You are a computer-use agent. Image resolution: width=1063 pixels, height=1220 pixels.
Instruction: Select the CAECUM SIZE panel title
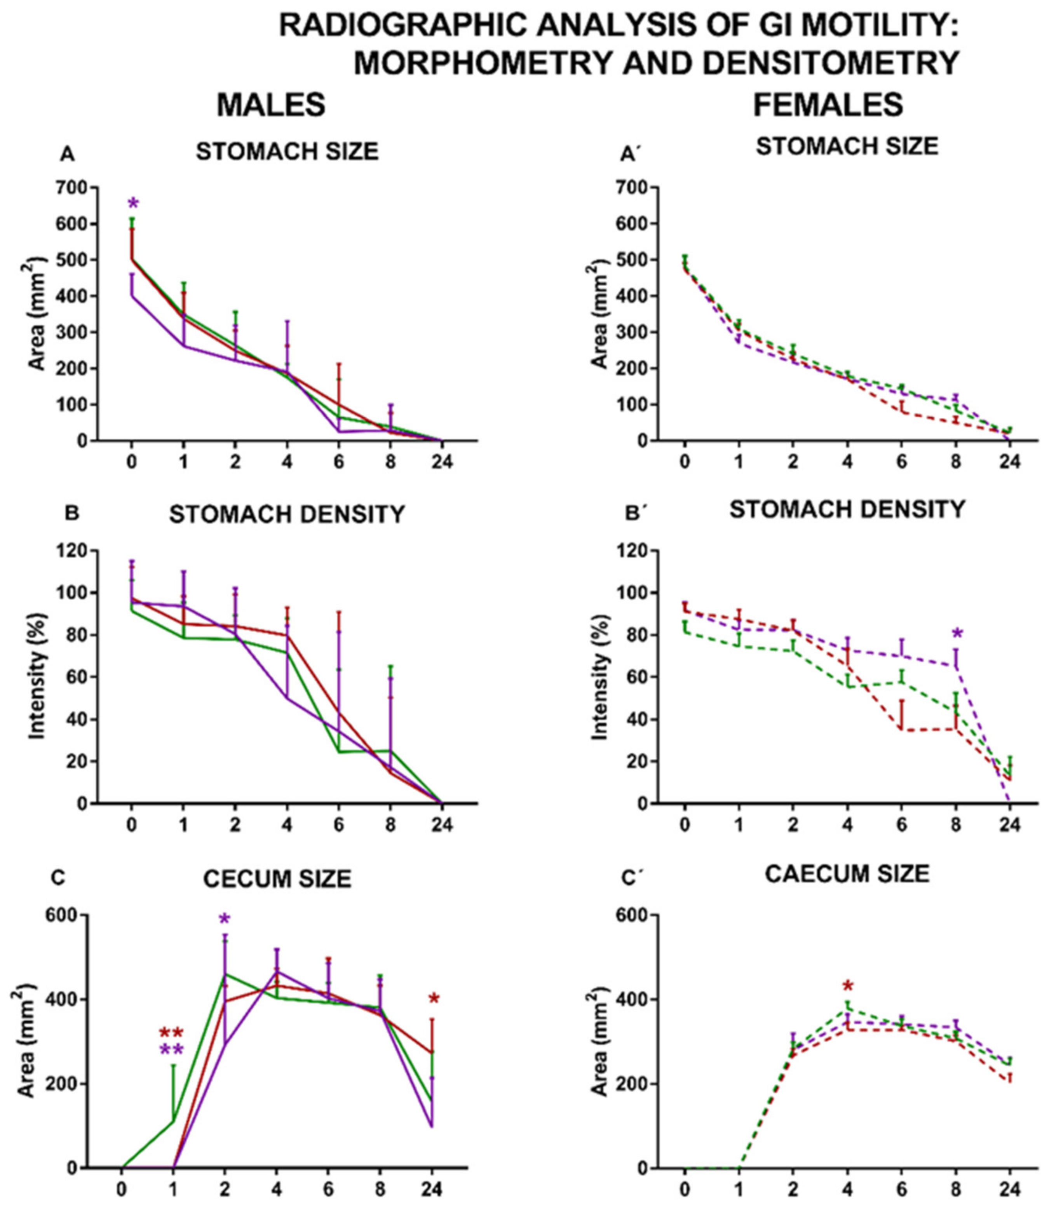[847, 874]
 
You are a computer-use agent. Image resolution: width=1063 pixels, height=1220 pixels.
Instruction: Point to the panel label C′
[637, 877]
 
